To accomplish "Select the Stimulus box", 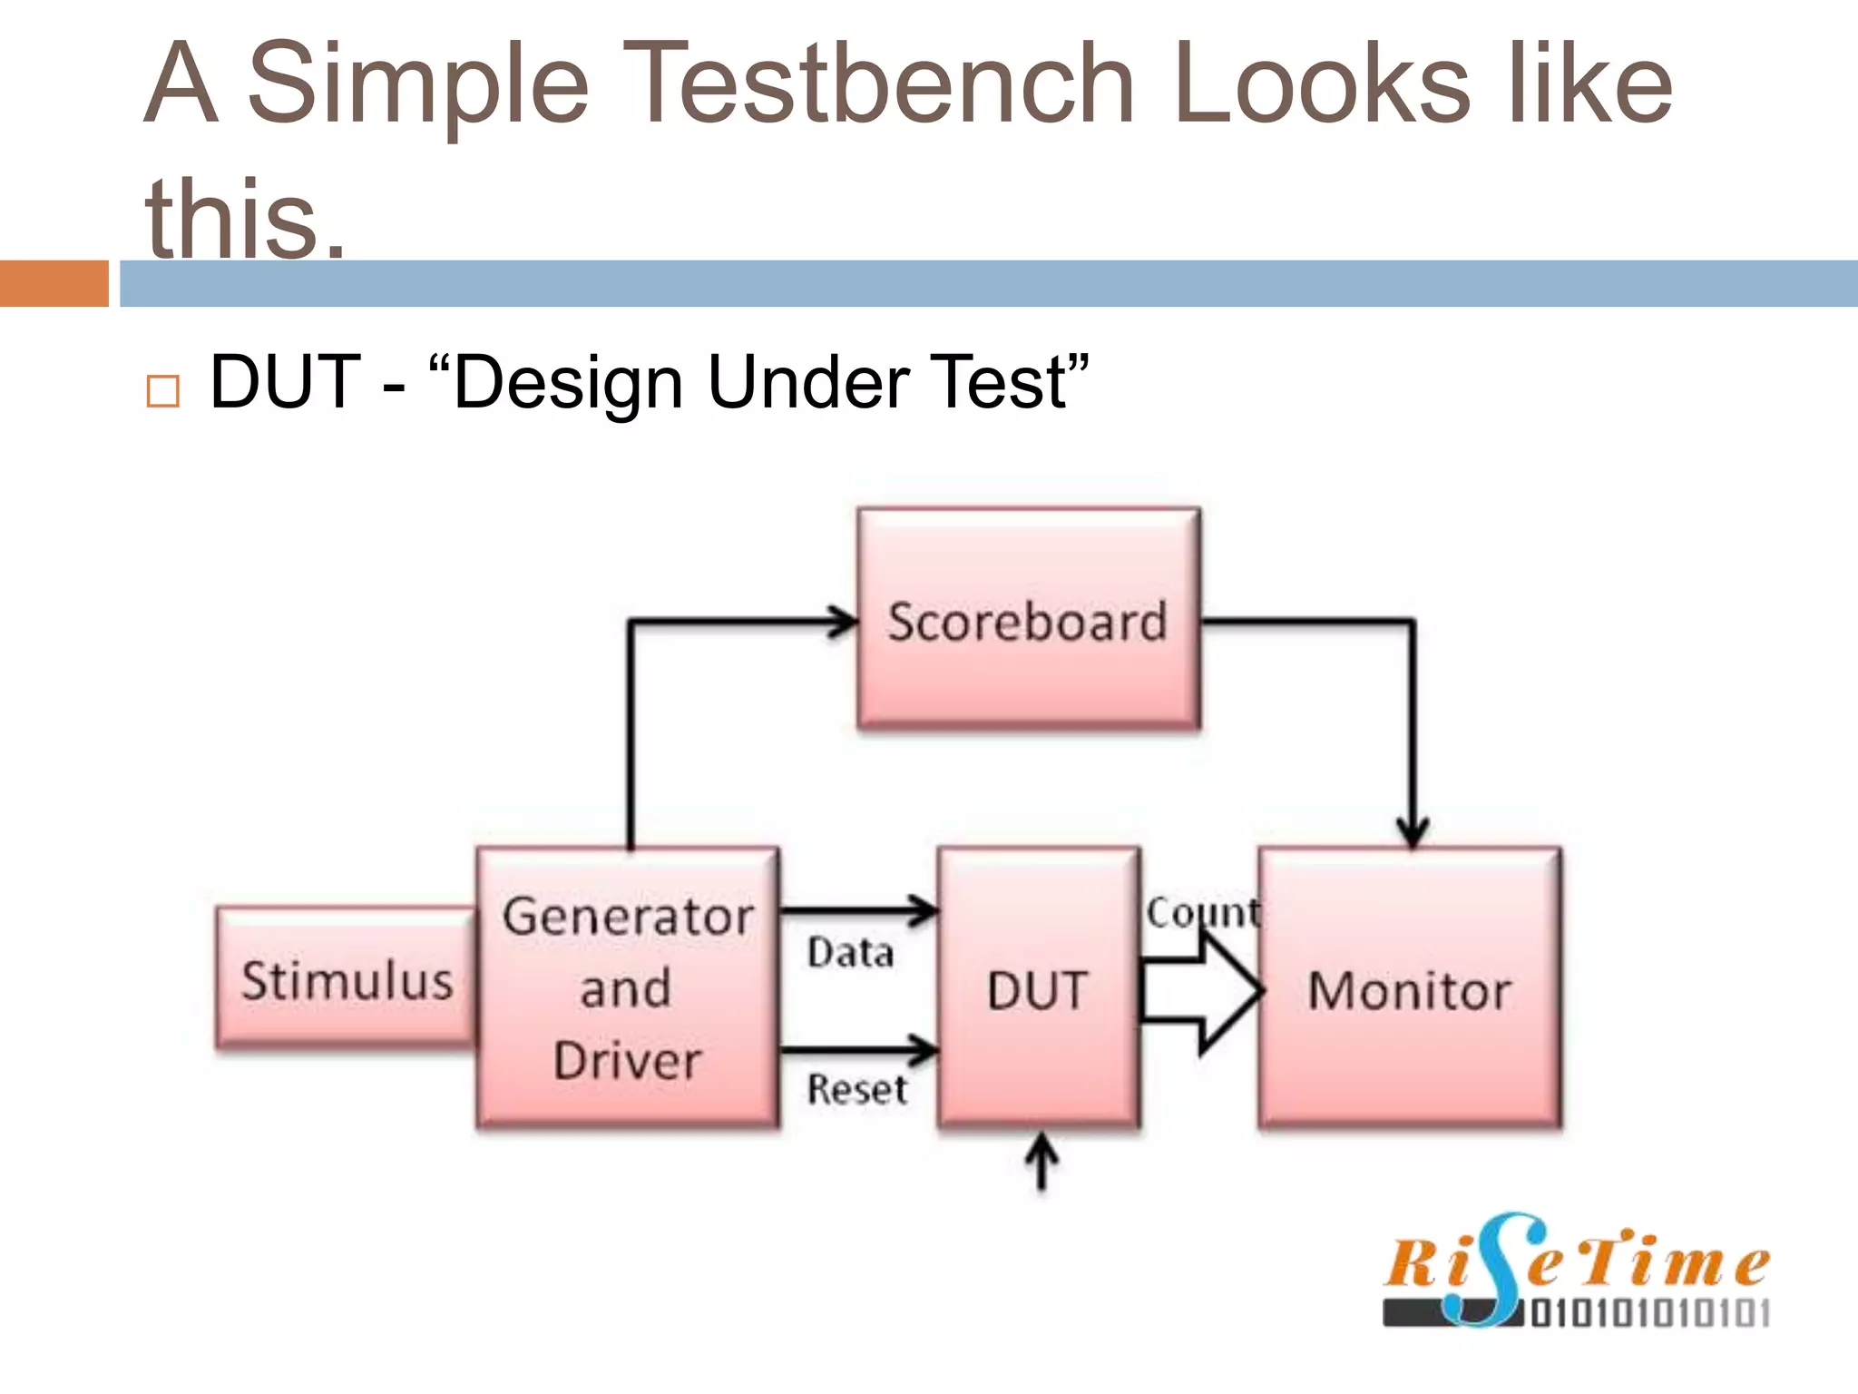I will tap(346, 980).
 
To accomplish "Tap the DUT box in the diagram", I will tap(1038, 989).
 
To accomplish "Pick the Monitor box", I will tap(1409, 989).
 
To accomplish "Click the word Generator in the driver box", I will tap(628, 917).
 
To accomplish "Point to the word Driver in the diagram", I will tap(628, 1060).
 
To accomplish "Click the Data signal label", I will tap(850, 953).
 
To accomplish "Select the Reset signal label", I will tap(856, 1089).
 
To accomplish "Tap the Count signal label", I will tap(1201, 911).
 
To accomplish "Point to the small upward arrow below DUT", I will tap(1041, 1162).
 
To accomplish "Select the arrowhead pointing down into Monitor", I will tap(1413, 831).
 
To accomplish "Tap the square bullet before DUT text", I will tap(163, 391).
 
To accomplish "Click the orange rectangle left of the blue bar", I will tap(54, 283).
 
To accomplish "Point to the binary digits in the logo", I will tap(1649, 1313).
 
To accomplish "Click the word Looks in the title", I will tap(1320, 83).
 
